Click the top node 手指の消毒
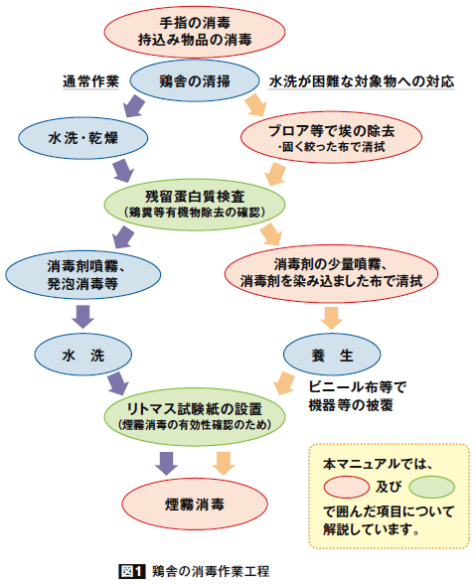pos(195,32)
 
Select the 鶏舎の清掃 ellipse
pos(195,80)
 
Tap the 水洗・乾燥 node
pos(83,138)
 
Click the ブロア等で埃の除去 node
pos(331,137)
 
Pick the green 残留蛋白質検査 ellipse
pos(195,205)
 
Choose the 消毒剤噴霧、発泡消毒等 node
pos(83,275)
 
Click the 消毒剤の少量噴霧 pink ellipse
pos(331,273)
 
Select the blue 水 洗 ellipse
pos(83,355)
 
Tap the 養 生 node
pos(332,355)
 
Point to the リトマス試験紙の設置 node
pos(195,417)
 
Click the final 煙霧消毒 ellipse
pos(195,505)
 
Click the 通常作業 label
pos(90,81)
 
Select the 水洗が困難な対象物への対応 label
pos(362,81)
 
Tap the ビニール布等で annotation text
pos(357,387)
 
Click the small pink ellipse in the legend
pos(347,487)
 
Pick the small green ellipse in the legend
pos(432,487)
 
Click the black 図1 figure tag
pos(132,571)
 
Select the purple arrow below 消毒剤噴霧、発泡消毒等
pos(82,317)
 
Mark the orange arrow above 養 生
pos(332,318)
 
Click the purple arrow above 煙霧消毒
pos(166,464)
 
